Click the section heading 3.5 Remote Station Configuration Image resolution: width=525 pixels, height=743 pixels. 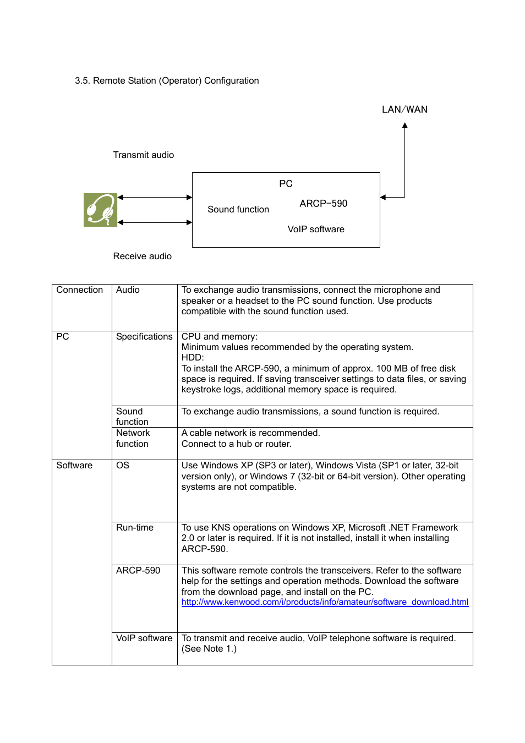[167, 81]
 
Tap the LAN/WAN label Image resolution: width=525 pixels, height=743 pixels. [404, 110]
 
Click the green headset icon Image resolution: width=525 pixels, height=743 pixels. [100, 210]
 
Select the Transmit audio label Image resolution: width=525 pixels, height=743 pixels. [143, 155]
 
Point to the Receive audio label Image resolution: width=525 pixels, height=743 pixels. [142, 256]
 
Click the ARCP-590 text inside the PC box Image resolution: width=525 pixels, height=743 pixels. [323, 204]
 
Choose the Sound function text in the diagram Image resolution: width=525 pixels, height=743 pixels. [238, 210]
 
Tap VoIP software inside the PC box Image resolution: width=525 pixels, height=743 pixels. [316, 230]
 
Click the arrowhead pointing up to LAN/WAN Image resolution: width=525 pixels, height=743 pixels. [404, 126]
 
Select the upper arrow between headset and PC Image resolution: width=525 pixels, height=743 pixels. [155, 197]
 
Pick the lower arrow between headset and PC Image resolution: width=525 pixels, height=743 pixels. [155, 222]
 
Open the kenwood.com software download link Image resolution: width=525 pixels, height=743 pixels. [325, 602]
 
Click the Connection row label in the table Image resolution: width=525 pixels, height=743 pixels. [79, 290]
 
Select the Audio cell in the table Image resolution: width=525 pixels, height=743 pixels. [128, 290]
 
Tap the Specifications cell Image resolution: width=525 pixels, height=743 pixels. [144, 337]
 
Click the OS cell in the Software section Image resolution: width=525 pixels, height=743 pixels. [123, 466]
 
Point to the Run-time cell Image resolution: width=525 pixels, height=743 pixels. [135, 528]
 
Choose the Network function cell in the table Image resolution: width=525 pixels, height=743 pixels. [133, 439]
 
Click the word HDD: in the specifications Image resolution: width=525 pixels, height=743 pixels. [193, 358]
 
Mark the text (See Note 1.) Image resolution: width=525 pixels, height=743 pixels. [209, 649]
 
